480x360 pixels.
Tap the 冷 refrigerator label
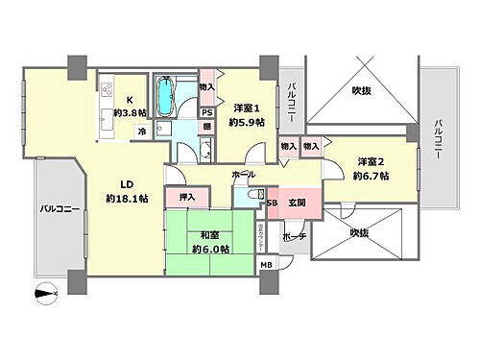[x=142, y=132]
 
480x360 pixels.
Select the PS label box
[x=206, y=111]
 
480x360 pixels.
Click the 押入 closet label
[x=187, y=197]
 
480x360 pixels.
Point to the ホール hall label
[x=244, y=176]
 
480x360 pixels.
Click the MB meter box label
[x=265, y=264]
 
